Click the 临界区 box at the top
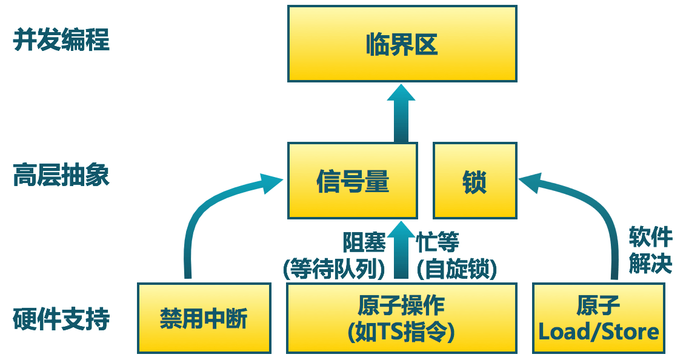(402, 44)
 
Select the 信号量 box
(352, 181)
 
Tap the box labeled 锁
(475, 181)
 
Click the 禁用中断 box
(204, 318)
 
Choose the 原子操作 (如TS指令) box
(402, 318)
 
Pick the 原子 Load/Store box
(598, 318)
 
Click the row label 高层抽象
(61, 176)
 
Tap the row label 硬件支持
(61, 319)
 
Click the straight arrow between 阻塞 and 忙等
(401, 252)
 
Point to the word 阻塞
(364, 242)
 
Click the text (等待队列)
(335, 268)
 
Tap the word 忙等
(438, 242)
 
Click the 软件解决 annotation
(650, 251)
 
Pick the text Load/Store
(598, 332)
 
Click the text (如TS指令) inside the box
(402, 332)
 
